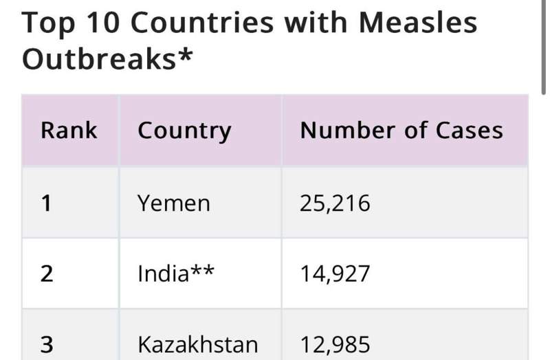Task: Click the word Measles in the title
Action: pyautogui.click(x=418, y=23)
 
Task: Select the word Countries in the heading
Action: pyautogui.click(x=201, y=23)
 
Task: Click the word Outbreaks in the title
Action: pyautogui.click(x=98, y=59)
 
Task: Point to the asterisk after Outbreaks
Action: pyautogui.click(x=185, y=55)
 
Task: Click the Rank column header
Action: pyautogui.click(x=69, y=131)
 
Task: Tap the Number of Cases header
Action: pyautogui.click(x=401, y=131)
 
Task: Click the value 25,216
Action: pyautogui.click(x=335, y=203)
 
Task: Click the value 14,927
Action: pyautogui.click(x=335, y=273)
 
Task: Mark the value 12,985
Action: pyautogui.click(x=335, y=344)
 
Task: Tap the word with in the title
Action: pyautogui.click(x=316, y=23)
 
